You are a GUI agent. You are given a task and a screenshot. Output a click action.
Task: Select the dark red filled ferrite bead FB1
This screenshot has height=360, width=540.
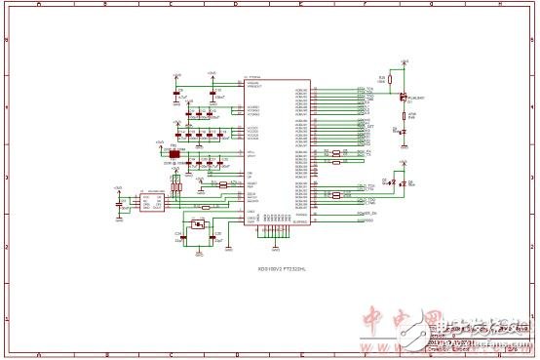point(174,154)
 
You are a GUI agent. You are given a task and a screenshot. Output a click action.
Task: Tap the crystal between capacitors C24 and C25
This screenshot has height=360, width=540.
point(199,225)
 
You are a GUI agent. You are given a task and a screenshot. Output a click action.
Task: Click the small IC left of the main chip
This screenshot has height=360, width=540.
point(151,201)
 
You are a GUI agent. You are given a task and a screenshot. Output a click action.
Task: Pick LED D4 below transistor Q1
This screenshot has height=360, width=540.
point(404,130)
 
